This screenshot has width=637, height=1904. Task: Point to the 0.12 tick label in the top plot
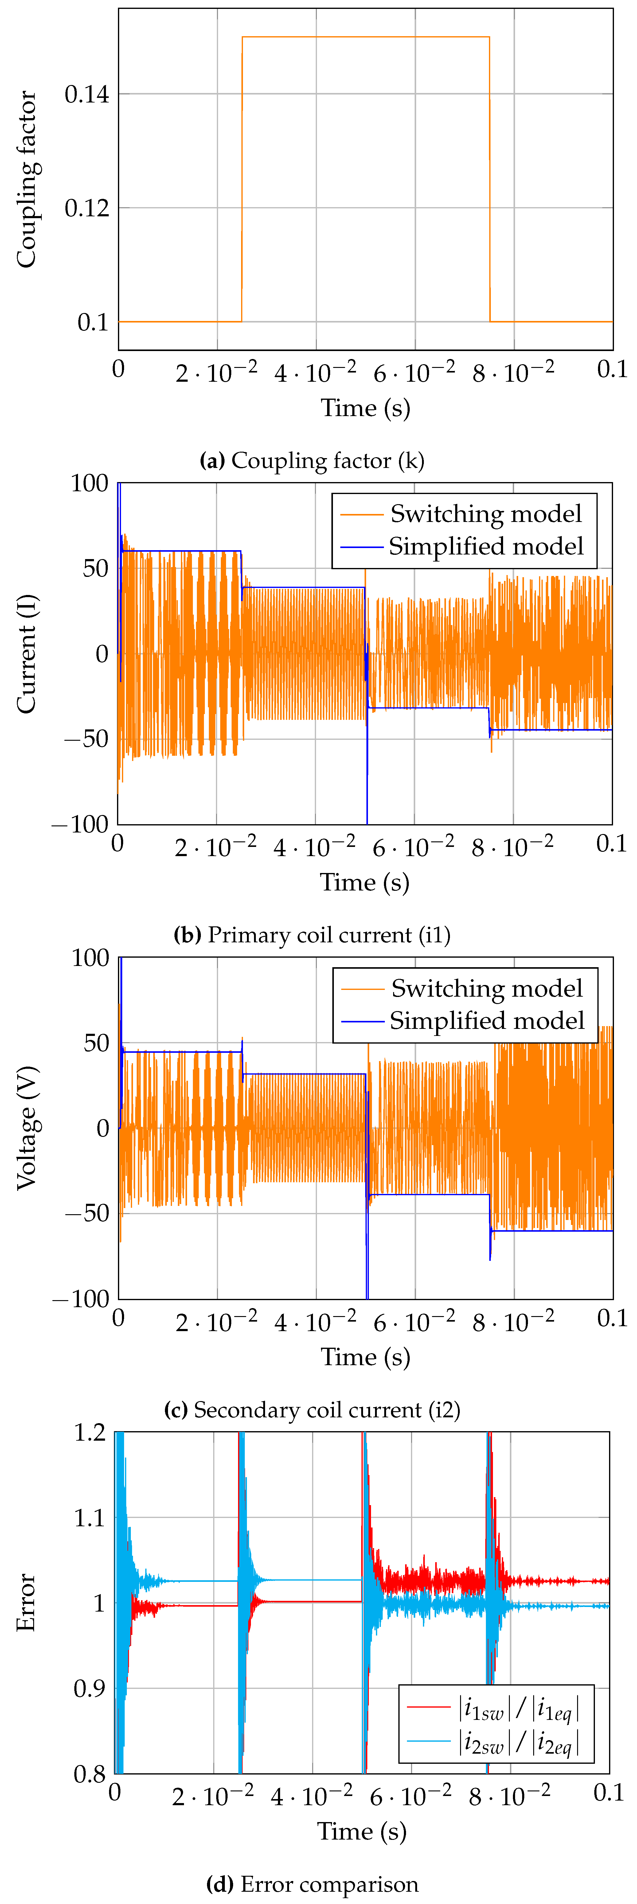[87, 208]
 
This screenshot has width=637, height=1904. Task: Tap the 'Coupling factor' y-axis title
[27, 180]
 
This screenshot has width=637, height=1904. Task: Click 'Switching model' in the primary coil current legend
[485, 514]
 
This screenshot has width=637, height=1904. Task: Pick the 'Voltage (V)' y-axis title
[27, 1128]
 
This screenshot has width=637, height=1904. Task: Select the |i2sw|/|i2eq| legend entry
[518, 1743]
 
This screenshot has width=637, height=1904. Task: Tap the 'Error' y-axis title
[27, 1602]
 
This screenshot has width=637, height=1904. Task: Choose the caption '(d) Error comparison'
[312, 1884]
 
